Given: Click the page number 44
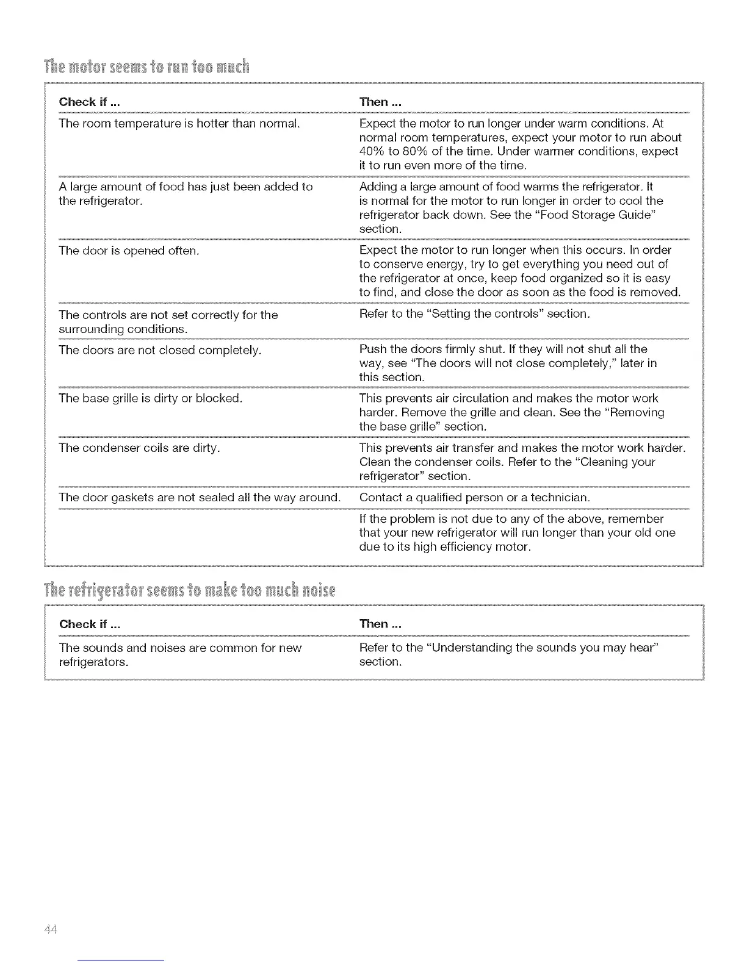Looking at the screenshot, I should coord(50,929).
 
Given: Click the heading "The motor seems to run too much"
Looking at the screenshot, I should coord(146,66).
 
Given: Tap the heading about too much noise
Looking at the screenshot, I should coord(190,591).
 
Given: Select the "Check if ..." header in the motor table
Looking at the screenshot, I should coord(89,102).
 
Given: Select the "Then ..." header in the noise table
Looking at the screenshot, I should coord(380,624).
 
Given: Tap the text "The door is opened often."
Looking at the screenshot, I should coord(129,251).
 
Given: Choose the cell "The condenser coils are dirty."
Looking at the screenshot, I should coord(140,448).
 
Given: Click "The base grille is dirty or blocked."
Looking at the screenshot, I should coord(151,399).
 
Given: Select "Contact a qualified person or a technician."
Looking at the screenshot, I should coord(475,498).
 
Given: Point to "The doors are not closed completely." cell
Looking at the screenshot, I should coord(160,350).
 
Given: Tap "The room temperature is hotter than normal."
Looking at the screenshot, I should coord(179,124).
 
